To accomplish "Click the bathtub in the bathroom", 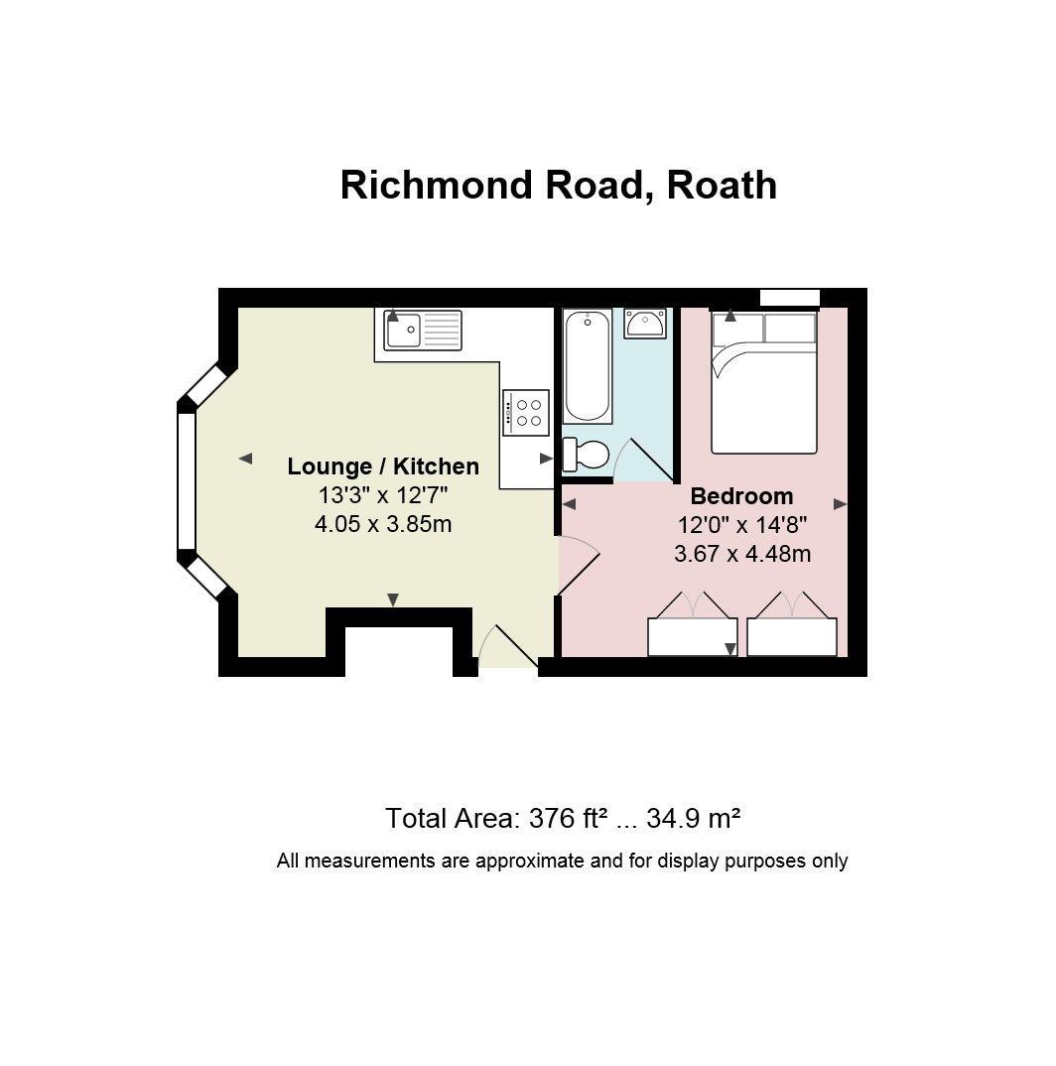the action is coord(588,366).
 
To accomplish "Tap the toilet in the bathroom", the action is coord(586,454).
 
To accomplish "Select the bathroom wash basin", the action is coord(644,323).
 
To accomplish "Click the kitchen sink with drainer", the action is coord(422,330).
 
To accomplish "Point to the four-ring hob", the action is coord(526,412).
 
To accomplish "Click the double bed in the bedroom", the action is coord(763,382).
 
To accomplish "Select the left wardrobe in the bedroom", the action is coord(692,636).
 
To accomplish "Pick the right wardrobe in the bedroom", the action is coord(792,636).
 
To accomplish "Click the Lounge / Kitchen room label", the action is coord(383,466).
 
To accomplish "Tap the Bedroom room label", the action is coord(741,496).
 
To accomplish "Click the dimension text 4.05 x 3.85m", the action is coord(383,524).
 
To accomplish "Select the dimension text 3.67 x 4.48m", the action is coord(742,554).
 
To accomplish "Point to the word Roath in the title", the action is coord(722,185).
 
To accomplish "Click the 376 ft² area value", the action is coord(568,818).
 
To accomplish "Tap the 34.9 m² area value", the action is coord(693,818).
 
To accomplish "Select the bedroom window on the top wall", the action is coord(789,298).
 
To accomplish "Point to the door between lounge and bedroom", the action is coord(579,566).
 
